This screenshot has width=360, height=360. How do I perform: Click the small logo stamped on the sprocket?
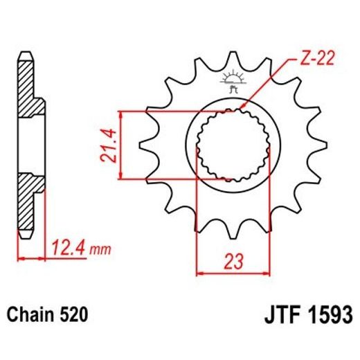(x=231, y=81)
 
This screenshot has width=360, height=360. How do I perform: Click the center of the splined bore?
(x=231, y=145)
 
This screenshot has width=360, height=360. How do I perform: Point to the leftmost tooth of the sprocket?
(x=146, y=145)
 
